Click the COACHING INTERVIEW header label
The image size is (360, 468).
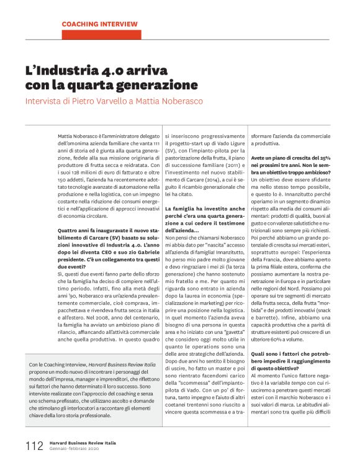point(100,24)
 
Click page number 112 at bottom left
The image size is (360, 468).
point(34,446)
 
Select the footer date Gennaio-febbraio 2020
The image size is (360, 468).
point(74,450)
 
